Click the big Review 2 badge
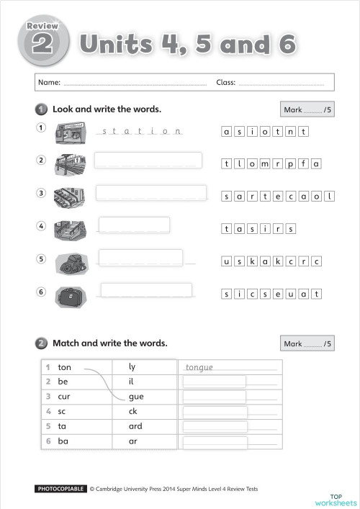pyautogui.click(x=42, y=43)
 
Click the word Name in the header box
pyautogui.click(x=49, y=83)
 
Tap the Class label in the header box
pyautogui.click(x=225, y=83)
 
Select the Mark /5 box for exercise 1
pyautogui.click(x=307, y=110)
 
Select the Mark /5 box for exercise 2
pyautogui.click(x=307, y=344)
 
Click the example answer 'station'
pyautogui.click(x=140, y=131)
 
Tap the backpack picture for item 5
pyautogui.click(x=71, y=263)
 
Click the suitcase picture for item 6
pyautogui.click(x=71, y=296)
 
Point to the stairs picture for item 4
pyautogui.click(x=71, y=230)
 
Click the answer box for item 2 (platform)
pyautogui.click(x=148, y=161)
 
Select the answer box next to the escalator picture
pyautogui.click(x=151, y=192)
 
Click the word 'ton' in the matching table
pyautogui.click(x=65, y=367)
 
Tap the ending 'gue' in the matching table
pyautogui.click(x=136, y=396)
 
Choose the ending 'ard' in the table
pyautogui.click(x=135, y=425)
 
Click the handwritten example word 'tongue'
pyautogui.click(x=199, y=368)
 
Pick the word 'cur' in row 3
pyautogui.click(x=64, y=396)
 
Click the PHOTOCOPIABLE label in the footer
pyautogui.click(x=61, y=489)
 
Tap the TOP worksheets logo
pyautogui.click(x=336, y=499)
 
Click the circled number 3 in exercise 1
pyautogui.click(x=41, y=193)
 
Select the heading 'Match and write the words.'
pyautogui.click(x=110, y=343)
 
